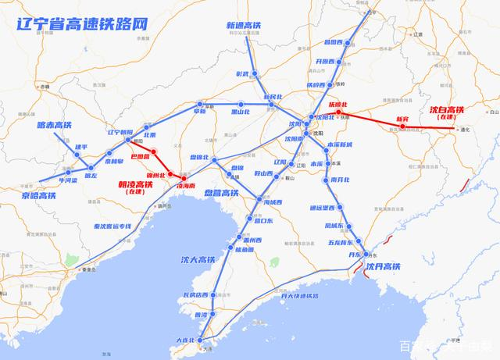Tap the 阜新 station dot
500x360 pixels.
coord(201,103)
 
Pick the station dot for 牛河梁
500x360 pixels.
coord(67,171)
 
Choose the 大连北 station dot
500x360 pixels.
coord(202,340)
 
